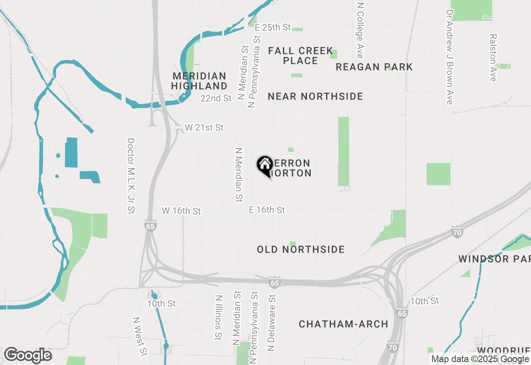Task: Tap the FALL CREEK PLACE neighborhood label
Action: (x=300, y=56)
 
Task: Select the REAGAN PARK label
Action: (x=374, y=67)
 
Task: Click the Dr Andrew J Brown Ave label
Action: (x=449, y=57)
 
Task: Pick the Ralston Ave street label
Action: (x=493, y=58)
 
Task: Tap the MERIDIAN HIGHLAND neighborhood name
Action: (x=200, y=81)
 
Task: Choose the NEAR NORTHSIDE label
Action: (x=315, y=96)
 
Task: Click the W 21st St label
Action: (x=204, y=127)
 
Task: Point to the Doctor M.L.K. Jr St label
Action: (x=131, y=176)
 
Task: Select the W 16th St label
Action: (x=181, y=211)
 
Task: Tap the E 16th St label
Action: (x=267, y=210)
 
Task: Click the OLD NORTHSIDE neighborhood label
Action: (x=300, y=249)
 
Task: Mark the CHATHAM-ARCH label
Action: (x=343, y=324)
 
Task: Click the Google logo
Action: (x=28, y=355)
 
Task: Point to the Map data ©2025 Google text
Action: (x=480, y=359)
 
